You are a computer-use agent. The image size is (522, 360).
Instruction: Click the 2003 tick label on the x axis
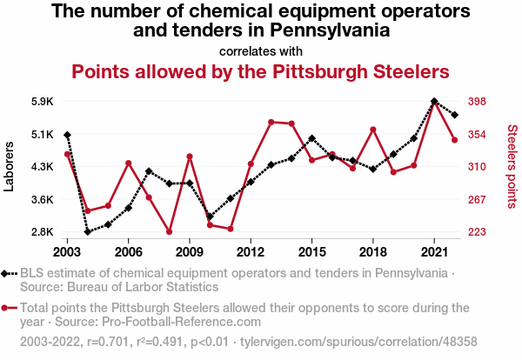67,251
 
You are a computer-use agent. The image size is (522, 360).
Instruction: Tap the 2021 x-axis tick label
433,251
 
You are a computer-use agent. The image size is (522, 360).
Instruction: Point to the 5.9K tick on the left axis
42,101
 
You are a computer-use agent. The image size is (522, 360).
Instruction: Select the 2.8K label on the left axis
42,232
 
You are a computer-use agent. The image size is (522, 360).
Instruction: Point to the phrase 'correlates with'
260,50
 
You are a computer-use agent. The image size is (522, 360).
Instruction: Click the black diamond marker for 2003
67,135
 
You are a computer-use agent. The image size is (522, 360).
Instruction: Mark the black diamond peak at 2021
433,101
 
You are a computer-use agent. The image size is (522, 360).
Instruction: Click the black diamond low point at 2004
88,231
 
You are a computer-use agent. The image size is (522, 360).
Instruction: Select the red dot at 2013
271,122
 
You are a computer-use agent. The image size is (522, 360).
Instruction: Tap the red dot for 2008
169,232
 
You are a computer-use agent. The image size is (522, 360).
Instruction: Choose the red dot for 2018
372,130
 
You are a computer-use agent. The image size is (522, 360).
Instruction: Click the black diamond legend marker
8,273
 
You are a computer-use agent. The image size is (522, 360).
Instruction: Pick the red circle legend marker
8,308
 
